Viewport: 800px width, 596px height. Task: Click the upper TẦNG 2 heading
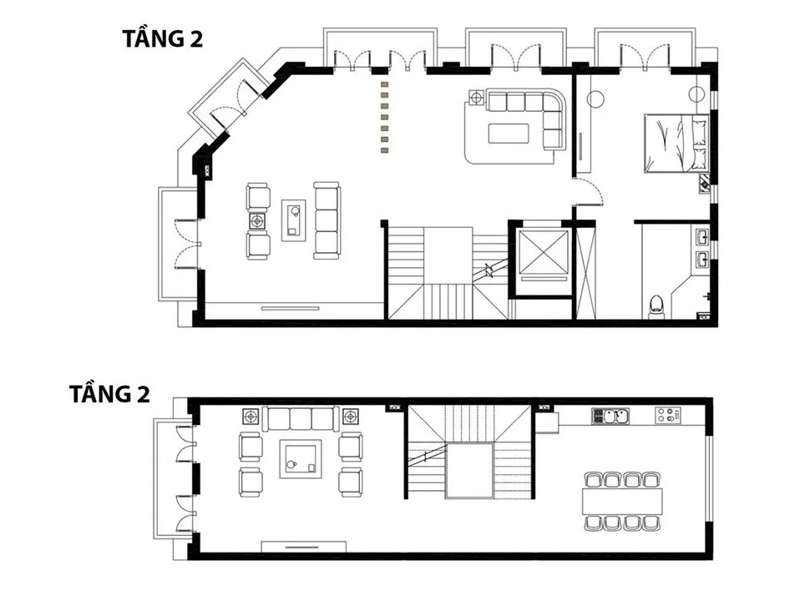(x=163, y=39)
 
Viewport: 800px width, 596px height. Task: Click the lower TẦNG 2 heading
(x=109, y=394)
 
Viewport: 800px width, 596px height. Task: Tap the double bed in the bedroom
(x=676, y=144)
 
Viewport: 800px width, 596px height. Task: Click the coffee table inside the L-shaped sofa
(x=509, y=133)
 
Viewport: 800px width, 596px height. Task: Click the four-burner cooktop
(x=668, y=416)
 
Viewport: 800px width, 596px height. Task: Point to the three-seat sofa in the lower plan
(x=301, y=418)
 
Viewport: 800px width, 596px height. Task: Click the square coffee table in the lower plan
(x=301, y=459)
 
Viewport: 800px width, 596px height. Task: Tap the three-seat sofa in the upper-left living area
(x=327, y=220)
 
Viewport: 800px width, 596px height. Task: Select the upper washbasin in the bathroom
(x=702, y=236)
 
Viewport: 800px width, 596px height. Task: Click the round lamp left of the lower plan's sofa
(x=251, y=417)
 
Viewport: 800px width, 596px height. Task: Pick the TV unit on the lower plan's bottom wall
(x=305, y=547)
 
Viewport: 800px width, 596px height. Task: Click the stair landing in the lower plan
(x=469, y=471)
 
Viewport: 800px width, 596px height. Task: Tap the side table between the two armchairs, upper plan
(x=258, y=220)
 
